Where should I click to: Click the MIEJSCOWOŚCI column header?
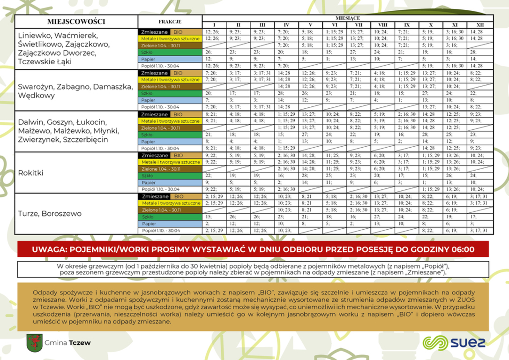76,22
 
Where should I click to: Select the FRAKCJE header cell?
170,22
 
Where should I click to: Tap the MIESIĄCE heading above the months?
347,18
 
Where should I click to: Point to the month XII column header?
480,25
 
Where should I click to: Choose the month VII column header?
359,25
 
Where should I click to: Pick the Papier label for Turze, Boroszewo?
149,224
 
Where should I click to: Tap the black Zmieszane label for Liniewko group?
154,32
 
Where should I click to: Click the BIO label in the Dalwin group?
178,114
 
